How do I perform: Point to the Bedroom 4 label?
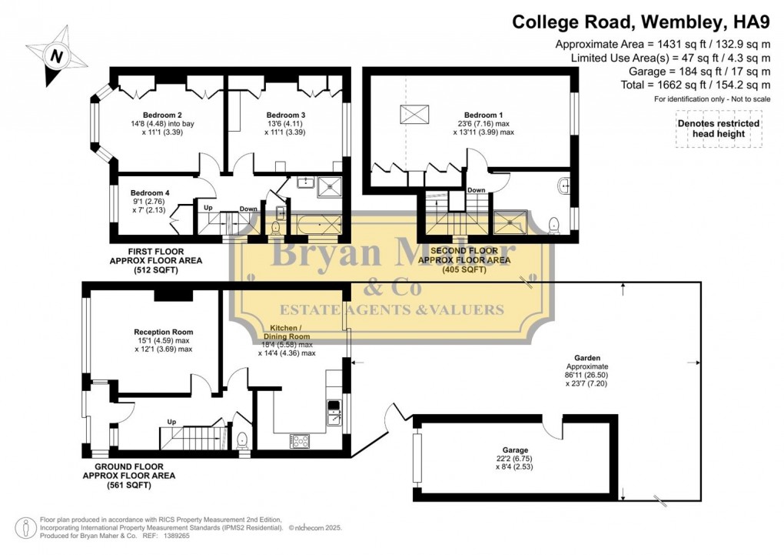(x=150, y=193)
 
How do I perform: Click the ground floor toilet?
(x=242, y=440)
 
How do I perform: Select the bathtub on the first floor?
(x=316, y=225)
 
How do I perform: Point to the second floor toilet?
(x=553, y=224)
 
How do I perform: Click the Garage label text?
(x=516, y=450)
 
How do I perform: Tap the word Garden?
(x=587, y=358)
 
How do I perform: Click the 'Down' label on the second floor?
(x=477, y=190)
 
